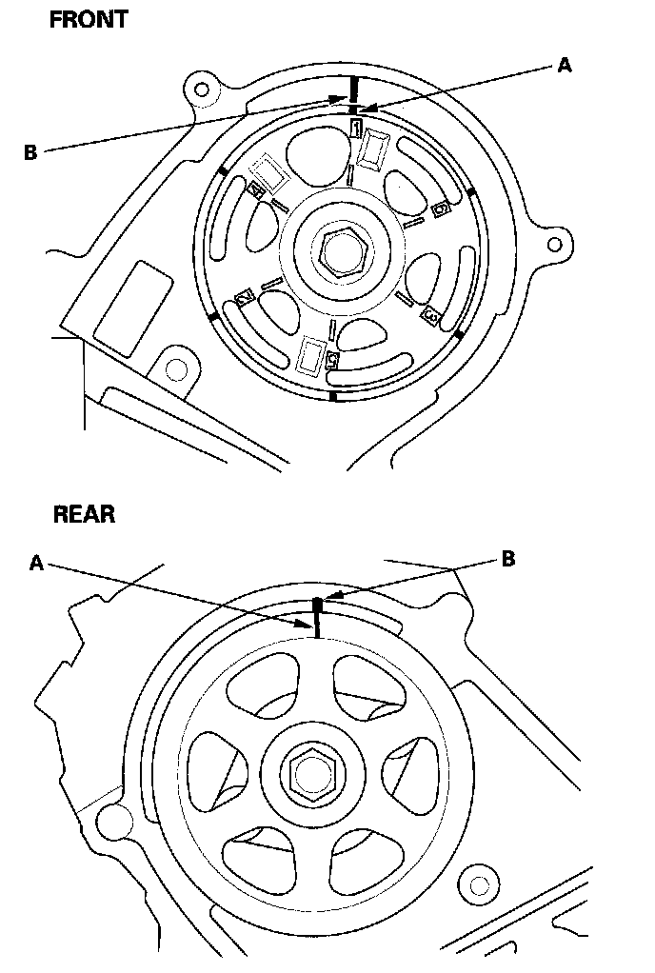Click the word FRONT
point(88,19)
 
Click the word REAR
point(84,514)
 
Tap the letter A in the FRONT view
point(565,65)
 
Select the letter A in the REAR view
point(36,563)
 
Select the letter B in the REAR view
point(508,559)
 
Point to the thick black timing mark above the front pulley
point(353,89)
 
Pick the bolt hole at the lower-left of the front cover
point(175,367)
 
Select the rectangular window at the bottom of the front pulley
point(311,354)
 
